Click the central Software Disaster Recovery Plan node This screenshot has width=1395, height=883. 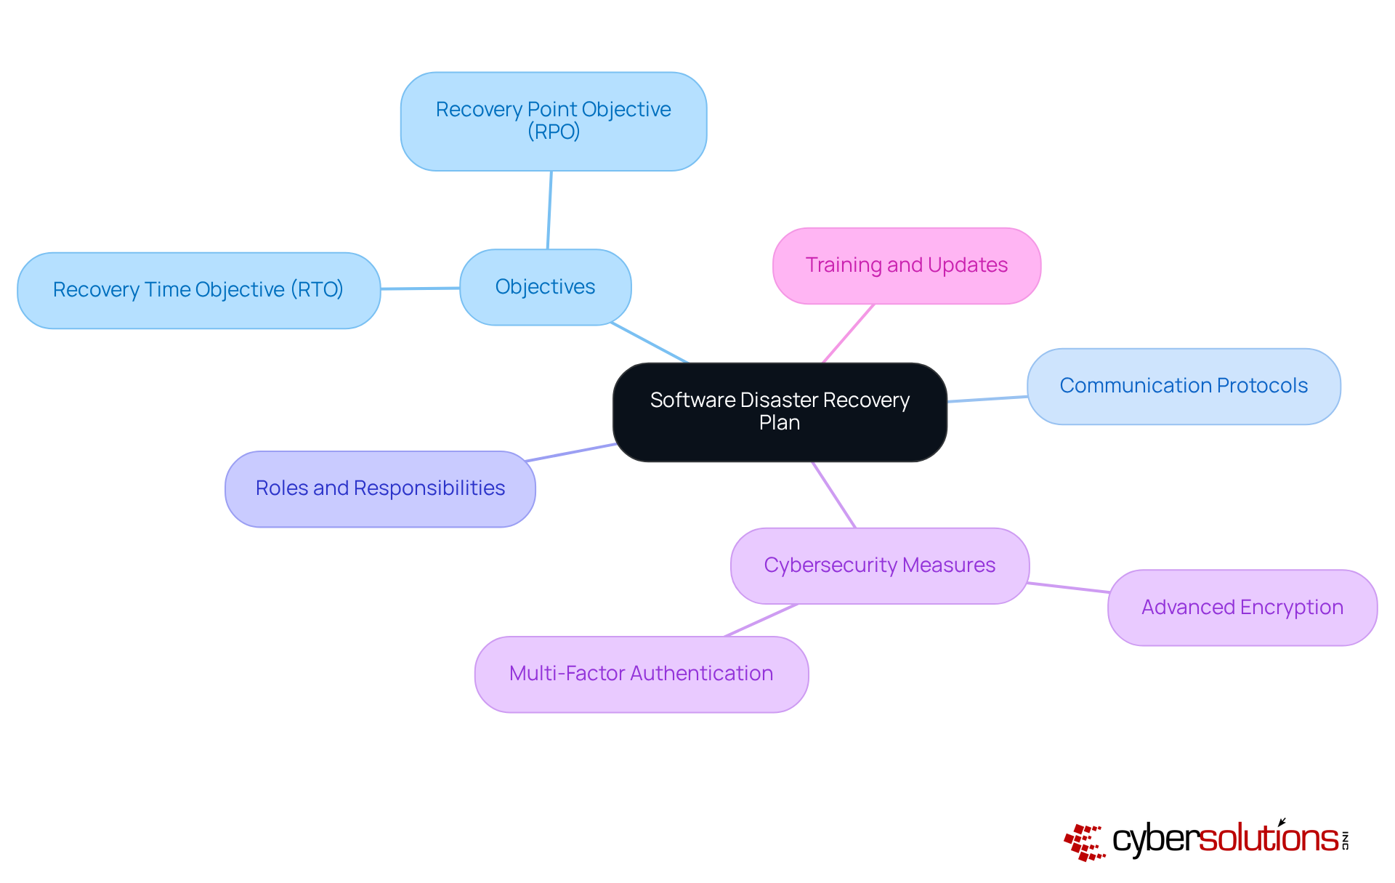(780, 411)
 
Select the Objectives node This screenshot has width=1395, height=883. (545, 287)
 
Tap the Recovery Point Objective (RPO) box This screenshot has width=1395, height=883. (553, 121)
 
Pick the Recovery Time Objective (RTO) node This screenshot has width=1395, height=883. (198, 290)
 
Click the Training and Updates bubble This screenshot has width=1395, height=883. (906, 265)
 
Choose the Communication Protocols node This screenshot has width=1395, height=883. (1183, 386)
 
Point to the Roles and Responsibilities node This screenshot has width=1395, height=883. (380, 488)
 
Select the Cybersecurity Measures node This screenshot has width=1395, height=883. (879, 565)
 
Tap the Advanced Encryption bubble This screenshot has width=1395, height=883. (1242, 608)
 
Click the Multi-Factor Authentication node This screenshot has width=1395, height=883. (641, 674)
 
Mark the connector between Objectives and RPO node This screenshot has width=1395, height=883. (549, 210)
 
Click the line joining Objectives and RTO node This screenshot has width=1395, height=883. (420, 289)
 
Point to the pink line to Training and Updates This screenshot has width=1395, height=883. (848, 333)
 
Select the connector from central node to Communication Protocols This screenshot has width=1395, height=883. (987, 399)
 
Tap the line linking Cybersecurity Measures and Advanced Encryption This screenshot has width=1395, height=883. (1068, 587)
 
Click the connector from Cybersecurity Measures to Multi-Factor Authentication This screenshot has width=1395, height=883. (761, 620)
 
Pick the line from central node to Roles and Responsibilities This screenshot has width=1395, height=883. (571, 452)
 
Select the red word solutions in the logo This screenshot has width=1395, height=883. (1268, 839)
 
